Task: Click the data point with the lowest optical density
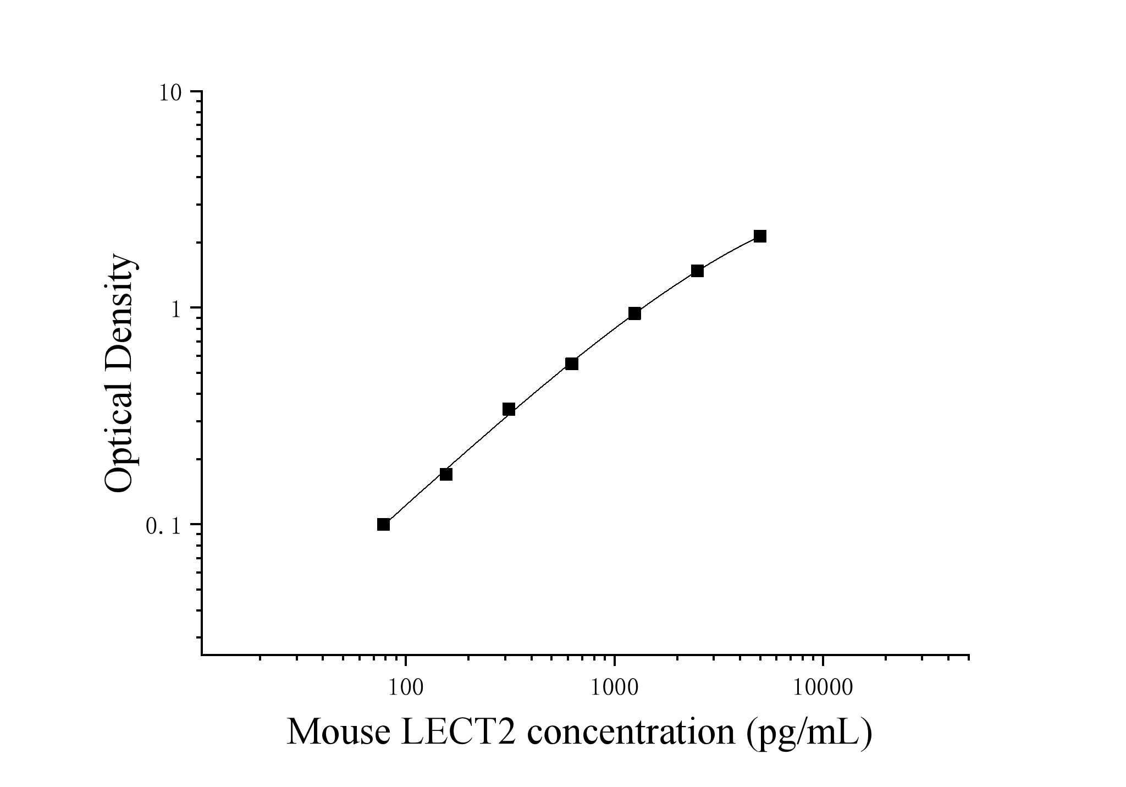coord(383,524)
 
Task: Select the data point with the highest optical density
coord(760,236)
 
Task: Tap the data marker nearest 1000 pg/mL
coord(634,313)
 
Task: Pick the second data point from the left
coord(446,474)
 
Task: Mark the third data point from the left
coord(509,409)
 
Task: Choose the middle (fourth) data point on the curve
coord(572,364)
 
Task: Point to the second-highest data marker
coord(697,271)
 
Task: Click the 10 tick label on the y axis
coord(171,92)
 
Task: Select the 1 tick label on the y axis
coord(176,310)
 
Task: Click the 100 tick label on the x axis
coord(406,687)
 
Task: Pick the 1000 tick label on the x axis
coord(614,687)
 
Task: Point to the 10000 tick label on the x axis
coord(823,687)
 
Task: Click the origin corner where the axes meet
coord(202,655)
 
